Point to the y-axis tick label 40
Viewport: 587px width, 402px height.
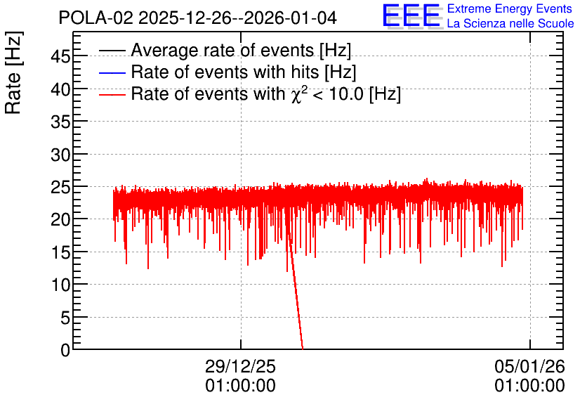point(60,90)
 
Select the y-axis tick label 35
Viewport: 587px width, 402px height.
point(60,122)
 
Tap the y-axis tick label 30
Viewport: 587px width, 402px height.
point(60,155)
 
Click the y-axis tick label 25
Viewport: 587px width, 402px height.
point(60,188)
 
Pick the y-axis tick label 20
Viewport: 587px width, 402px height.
point(60,220)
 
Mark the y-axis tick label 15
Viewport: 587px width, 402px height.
point(60,253)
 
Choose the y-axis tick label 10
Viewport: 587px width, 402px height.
point(60,285)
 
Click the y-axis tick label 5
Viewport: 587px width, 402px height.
point(65,318)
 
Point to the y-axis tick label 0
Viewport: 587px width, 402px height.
point(65,350)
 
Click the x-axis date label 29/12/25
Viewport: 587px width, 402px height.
point(240,366)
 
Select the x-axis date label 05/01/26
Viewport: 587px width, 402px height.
point(529,366)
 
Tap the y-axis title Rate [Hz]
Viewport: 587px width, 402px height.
point(13,72)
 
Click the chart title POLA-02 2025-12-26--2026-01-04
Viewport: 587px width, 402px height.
point(198,18)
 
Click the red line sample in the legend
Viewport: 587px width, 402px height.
point(112,94)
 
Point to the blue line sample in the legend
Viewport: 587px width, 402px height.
point(112,72)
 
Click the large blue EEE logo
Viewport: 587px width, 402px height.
point(411,15)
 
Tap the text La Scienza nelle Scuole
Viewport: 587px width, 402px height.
point(510,23)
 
